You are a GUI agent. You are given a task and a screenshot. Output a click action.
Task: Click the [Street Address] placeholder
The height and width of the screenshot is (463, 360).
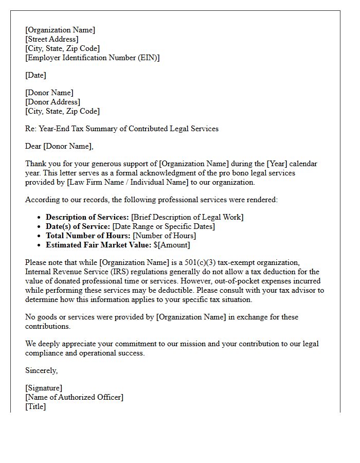(x=52, y=39)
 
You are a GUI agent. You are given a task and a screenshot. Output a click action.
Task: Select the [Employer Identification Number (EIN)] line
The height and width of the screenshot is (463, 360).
(x=93, y=58)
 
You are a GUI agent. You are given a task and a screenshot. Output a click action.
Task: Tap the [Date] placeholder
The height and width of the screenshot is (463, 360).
(x=35, y=75)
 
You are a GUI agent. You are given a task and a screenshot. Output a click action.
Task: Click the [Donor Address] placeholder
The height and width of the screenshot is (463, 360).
(x=52, y=102)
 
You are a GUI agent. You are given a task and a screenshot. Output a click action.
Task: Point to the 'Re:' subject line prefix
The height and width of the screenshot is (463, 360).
(x=31, y=129)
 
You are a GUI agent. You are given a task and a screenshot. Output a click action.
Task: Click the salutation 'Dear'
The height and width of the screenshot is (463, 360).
(x=33, y=146)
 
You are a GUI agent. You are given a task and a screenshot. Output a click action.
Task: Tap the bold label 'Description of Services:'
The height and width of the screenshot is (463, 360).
(x=87, y=217)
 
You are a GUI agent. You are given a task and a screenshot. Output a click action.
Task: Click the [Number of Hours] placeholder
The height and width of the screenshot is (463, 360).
(x=164, y=236)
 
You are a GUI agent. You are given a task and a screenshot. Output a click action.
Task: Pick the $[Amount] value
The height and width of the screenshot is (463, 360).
(x=172, y=245)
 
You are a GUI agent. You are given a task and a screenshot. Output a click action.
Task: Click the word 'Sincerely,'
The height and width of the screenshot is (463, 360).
(x=42, y=370)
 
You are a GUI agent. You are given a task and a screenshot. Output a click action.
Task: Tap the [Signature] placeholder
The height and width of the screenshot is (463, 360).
(x=44, y=388)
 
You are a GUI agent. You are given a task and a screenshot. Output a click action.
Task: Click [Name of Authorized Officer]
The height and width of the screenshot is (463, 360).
(x=75, y=397)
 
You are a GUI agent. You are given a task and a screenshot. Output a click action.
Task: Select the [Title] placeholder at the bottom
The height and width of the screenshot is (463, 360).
(x=35, y=406)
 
